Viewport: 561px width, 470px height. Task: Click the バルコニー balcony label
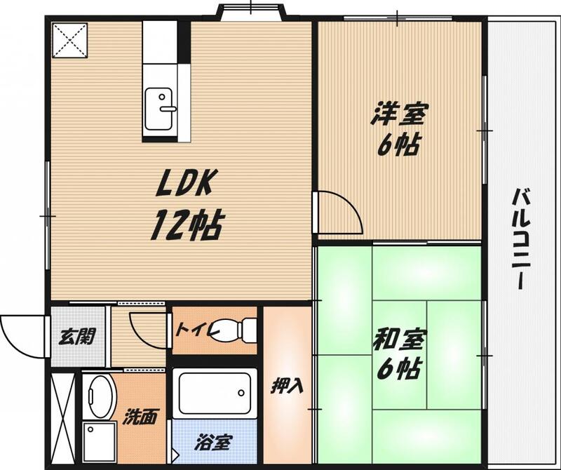(522, 239)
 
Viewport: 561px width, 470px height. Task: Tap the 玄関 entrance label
(77, 337)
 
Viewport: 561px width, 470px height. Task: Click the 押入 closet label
(288, 386)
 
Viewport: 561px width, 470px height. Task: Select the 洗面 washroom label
(140, 416)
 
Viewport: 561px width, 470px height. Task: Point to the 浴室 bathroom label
(214, 443)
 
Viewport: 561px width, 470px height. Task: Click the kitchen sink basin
(158, 109)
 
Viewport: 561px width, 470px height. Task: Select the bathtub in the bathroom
(215, 394)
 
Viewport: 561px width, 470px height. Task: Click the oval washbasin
(101, 396)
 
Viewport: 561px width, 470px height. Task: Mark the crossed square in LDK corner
(70, 40)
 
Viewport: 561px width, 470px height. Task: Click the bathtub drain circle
(241, 393)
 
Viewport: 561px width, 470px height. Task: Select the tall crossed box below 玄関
(63, 419)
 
